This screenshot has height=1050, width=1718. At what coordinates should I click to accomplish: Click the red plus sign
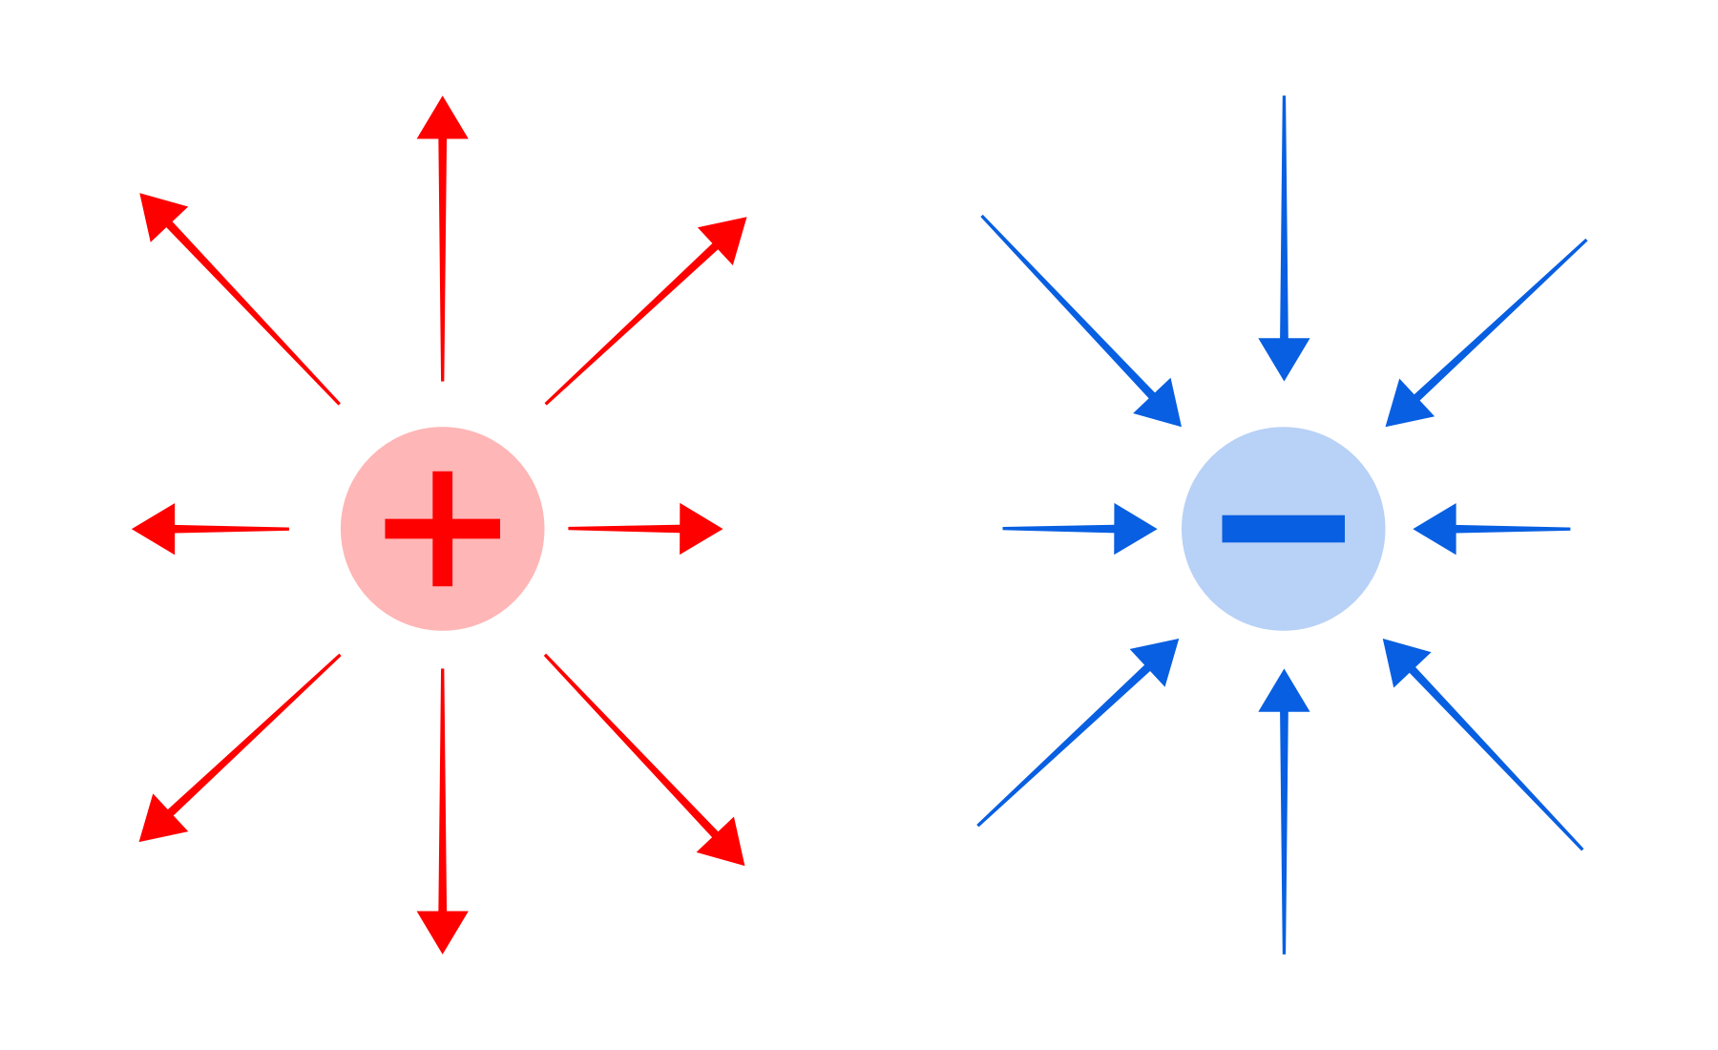coord(443,529)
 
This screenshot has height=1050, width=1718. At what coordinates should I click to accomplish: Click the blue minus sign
coord(1284,529)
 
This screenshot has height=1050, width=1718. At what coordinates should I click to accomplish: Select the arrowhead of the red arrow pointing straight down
coord(443,929)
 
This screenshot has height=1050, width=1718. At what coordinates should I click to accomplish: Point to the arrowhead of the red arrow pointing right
coord(698,528)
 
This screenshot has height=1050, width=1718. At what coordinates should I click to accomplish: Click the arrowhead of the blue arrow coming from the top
coord(1284,356)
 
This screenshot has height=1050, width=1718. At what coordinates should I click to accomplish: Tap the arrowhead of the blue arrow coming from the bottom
coord(1284,694)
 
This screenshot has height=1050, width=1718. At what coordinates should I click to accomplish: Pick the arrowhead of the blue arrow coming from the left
coord(1132,528)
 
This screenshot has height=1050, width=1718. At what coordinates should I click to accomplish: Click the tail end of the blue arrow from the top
coord(1284,98)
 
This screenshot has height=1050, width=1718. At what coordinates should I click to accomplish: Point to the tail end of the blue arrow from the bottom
coord(1284,951)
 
